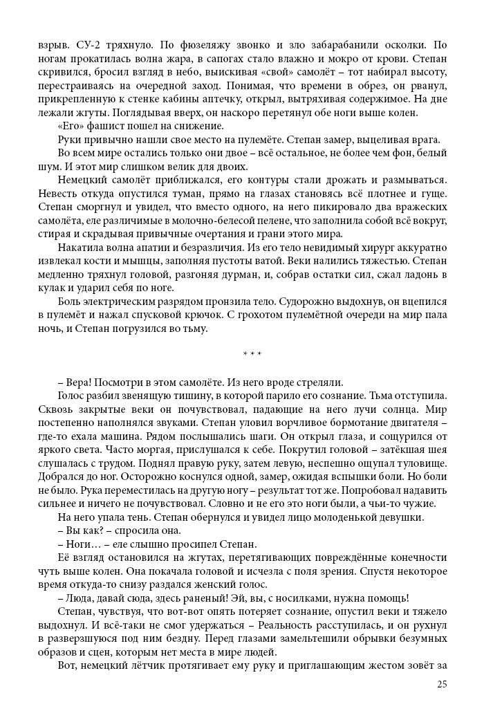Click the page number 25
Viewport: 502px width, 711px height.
click(x=443, y=685)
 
